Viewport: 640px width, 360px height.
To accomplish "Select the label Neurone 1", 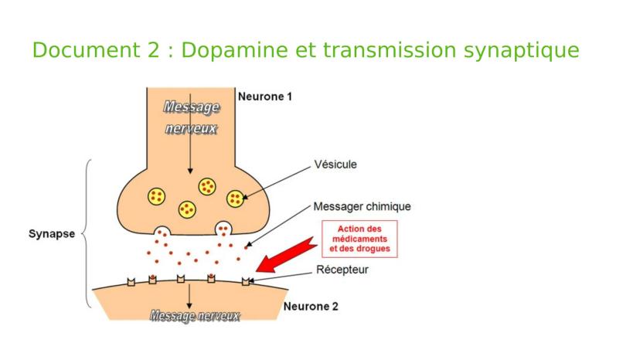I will click(265, 97).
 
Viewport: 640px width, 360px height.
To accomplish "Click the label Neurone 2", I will click(311, 306).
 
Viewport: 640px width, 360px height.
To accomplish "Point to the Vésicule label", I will click(335, 164).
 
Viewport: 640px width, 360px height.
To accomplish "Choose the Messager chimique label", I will click(362, 207).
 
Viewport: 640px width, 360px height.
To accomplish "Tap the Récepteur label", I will click(342, 270).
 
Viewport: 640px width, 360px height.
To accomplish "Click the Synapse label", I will click(52, 233).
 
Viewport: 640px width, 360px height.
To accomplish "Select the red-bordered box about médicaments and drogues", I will click(359, 239).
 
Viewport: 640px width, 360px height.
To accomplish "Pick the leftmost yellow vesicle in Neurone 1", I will click(157, 196).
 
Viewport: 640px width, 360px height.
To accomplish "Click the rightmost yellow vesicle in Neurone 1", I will click(236, 199).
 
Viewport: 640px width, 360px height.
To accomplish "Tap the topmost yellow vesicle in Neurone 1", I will click(206, 186).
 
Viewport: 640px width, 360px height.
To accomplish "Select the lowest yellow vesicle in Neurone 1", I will click(187, 209).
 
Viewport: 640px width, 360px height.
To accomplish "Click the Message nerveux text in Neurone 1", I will click(190, 118).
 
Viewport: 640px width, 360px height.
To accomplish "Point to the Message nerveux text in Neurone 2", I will click(194, 316).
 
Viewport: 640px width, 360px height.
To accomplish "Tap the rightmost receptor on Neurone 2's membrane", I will click(247, 281).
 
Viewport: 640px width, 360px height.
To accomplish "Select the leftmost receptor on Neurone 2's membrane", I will click(131, 282).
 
